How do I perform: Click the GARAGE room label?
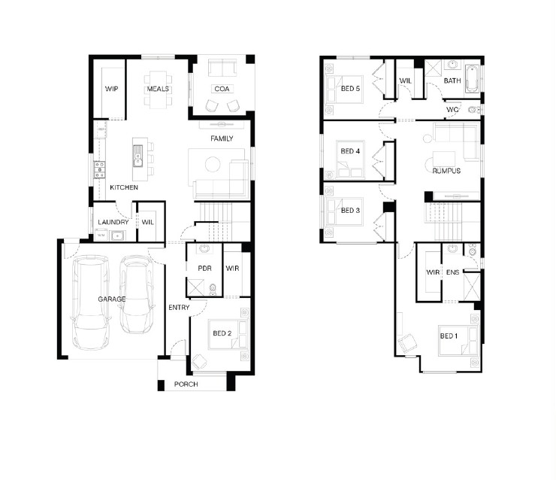tap(112, 299)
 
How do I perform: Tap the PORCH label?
tap(186, 384)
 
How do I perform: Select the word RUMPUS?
tap(446, 171)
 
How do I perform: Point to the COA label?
tap(222, 89)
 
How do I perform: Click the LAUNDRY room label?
tap(113, 222)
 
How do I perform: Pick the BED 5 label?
tap(350, 89)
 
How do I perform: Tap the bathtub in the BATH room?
tap(473, 78)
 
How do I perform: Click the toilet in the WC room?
tap(473, 110)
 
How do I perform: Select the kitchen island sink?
tap(137, 156)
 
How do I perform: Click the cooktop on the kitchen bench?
tap(99, 170)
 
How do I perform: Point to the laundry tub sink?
tap(116, 235)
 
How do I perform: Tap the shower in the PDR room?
tap(195, 287)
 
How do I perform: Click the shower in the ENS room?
tap(472, 287)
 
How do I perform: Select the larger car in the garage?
tap(90, 302)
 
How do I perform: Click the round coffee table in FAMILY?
tap(213, 164)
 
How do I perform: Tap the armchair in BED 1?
tap(407, 342)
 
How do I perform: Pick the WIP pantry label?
tap(111, 89)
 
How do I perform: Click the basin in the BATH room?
tap(452, 65)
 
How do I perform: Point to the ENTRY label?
tap(179, 308)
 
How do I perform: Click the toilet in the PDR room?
tap(213, 288)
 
